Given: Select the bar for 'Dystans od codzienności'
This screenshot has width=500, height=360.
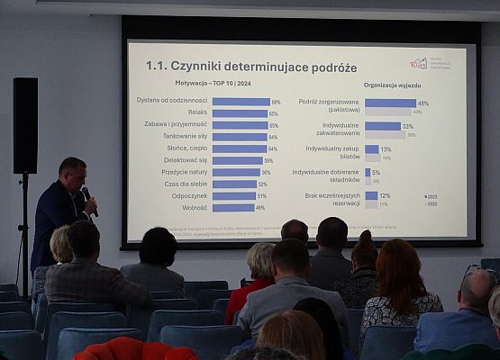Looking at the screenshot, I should pyautogui.click(x=241, y=102).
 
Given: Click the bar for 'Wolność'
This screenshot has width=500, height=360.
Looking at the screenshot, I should pyautogui.click(x=232, y=207).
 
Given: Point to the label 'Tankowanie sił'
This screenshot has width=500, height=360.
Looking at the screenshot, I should pyautogui.click(x=185, y=137).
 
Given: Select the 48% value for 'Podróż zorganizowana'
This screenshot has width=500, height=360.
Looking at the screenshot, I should pyautogui.click(x=423, y=103).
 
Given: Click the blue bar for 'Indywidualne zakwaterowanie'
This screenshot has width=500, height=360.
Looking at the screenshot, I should pyautogui.click(x=382, y=126).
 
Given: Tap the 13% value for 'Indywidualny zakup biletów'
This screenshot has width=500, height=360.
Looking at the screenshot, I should pyautogui.click(x=386, y=149).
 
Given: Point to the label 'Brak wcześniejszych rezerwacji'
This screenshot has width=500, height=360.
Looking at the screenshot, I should pyautogui.click(x=333, y=199).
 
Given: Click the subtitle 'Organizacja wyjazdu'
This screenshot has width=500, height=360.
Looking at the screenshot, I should pyautogui.click(x=393, y=85).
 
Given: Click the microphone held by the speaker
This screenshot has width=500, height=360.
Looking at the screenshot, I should pyautogui.click(x=87, y=195).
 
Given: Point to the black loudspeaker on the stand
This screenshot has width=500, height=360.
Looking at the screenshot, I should pyautogui.click(x=25, y=125).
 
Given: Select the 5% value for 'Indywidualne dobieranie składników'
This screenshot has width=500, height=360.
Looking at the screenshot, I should pyautogui.click(x=375, y=172).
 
